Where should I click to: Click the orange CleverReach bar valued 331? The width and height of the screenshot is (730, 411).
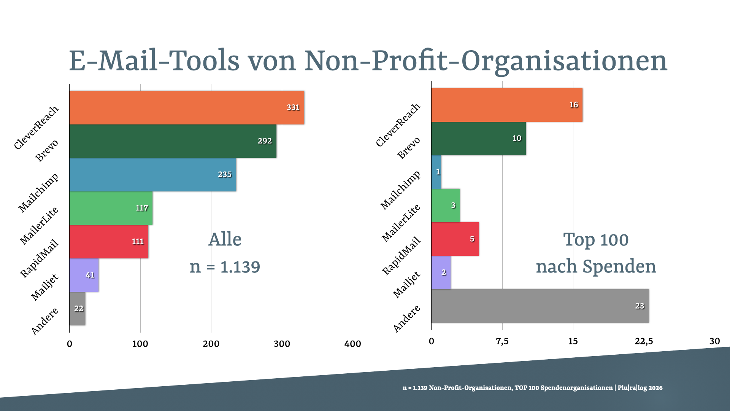click(186, 107)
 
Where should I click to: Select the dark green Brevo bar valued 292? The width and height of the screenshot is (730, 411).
click(173, 141)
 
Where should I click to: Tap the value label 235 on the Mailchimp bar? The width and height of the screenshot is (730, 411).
click(224, 174)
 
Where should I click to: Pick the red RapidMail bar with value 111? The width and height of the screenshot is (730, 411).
click(109, 241)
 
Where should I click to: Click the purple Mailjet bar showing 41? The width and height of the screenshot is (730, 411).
click(84, 275)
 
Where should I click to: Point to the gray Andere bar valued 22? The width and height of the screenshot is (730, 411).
click(77, 308)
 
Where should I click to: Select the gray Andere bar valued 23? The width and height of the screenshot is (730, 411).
click(540, 306)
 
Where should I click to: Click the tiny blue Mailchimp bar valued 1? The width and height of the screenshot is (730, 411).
click(436, 172)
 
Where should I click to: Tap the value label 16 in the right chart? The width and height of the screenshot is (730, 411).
click(573, 105)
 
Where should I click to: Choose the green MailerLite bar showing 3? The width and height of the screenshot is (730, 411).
click(445, 205)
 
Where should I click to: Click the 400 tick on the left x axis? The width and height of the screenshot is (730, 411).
click(352, 344)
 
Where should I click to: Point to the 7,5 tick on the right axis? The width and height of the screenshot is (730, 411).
click(502, 341)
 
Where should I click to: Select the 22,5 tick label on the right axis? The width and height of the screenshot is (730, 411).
click(643, 341)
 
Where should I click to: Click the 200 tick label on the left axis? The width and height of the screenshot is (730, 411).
click(211, 344)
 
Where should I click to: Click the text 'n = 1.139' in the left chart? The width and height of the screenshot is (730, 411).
click(225, 267)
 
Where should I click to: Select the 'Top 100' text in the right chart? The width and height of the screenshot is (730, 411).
click(596, 240)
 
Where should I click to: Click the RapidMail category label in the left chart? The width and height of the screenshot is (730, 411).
click(40, 258)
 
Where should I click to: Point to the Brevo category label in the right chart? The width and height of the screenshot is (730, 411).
click(409, 148)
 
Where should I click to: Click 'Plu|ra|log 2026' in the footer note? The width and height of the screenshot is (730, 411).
click(640, 388)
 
